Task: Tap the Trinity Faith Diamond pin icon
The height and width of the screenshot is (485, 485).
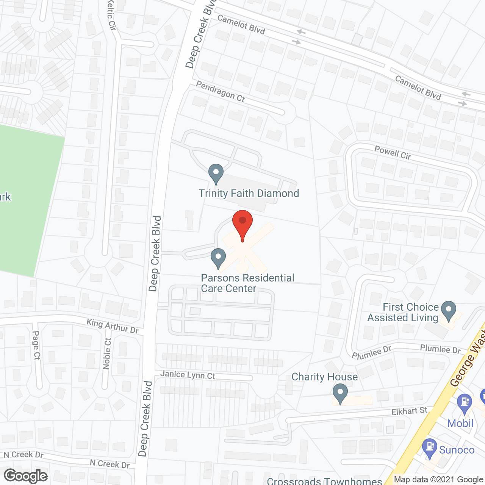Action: pos(216,173)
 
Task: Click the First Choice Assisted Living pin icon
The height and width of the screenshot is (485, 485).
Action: pos(449,310)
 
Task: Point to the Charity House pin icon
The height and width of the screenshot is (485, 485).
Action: pos(340,393)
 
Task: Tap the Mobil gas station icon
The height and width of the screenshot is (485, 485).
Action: pos(464,403)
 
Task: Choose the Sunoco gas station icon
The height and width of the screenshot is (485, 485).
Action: pos(430,448)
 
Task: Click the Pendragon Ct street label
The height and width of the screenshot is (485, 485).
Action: pos(221,91)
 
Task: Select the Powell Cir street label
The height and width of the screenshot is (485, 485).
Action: pos(393,152)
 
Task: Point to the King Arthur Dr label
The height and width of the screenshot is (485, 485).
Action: pos(113,326)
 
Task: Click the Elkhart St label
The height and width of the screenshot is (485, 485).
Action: pos(409,411)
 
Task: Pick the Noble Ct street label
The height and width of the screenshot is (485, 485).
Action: pos(107,353)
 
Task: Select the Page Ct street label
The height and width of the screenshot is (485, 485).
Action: pos(36,345)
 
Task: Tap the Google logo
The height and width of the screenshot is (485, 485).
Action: pos(26,476)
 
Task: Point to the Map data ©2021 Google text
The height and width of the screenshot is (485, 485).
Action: pos(438,480)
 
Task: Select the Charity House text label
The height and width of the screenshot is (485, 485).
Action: pos(324,377)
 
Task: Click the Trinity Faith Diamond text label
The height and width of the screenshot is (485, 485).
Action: pos(249,193)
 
